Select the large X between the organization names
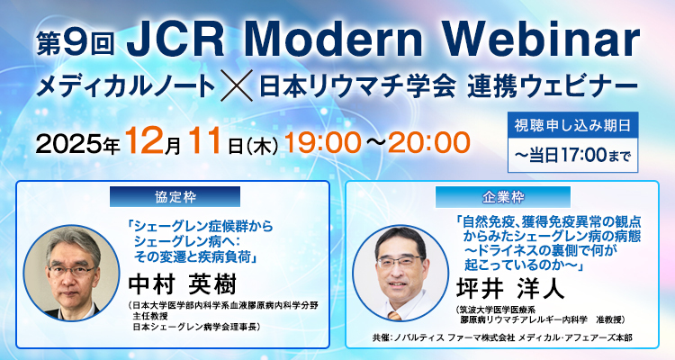click(x=238, y=87)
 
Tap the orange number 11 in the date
click(x=210, y=141)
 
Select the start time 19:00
click(x=318, y=141)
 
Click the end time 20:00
click(x=430, y=141)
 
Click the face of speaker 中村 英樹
click(x=73, y=256)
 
